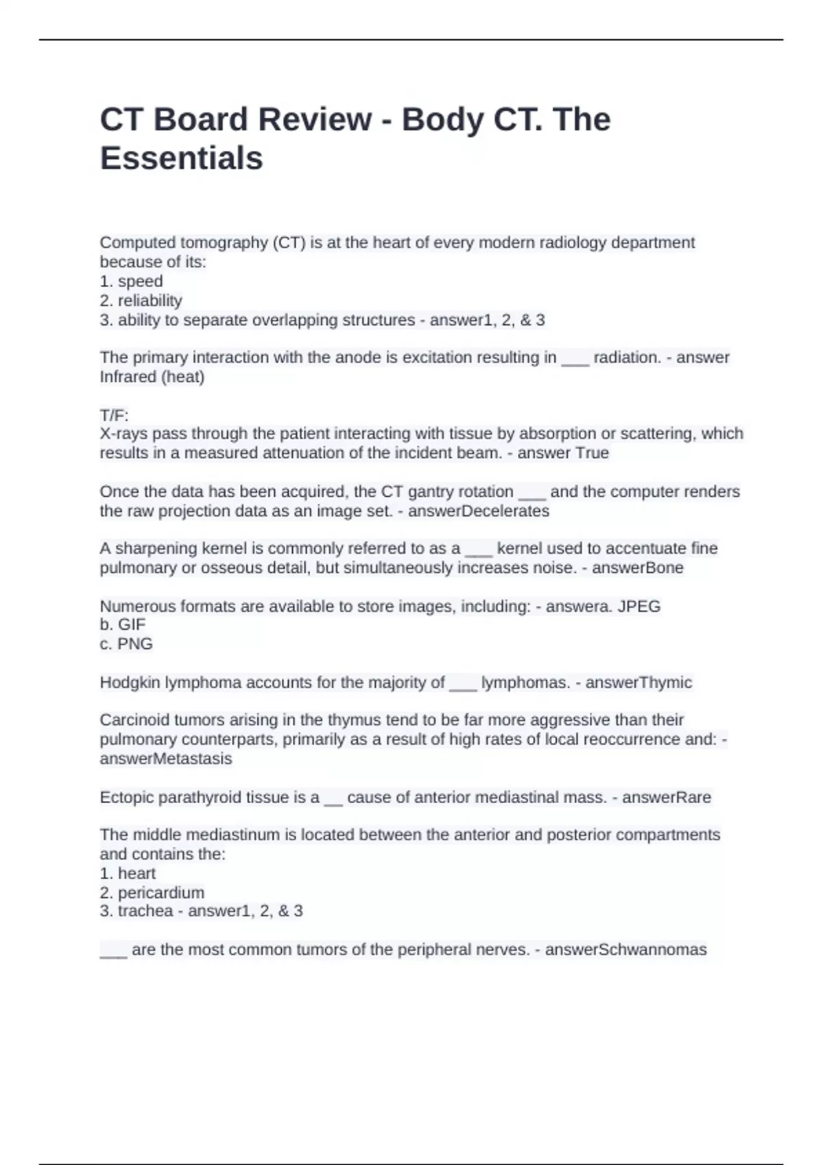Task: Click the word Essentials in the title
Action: [x=181, y=158]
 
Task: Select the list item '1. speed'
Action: [x=131, y=282]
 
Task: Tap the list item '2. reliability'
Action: [x=141, y=301]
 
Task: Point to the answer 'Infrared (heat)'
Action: [x=152, y=377]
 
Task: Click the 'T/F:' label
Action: [x=114, y=415]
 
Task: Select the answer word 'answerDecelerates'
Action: [x=479, y=511]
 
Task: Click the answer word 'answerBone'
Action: [x=637, y=568]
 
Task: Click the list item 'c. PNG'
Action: [x=126, y=644]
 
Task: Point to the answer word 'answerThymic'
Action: [x=639, y=683]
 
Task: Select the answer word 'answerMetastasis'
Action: [x=165, y=759]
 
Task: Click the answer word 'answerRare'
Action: [x=666, y=798]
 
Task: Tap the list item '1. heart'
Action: [x=128, y=874]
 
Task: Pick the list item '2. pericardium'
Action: [x=152, y=893]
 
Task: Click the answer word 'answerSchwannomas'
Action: [x=625, y=950]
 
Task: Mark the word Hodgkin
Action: [x=130, y=683]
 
